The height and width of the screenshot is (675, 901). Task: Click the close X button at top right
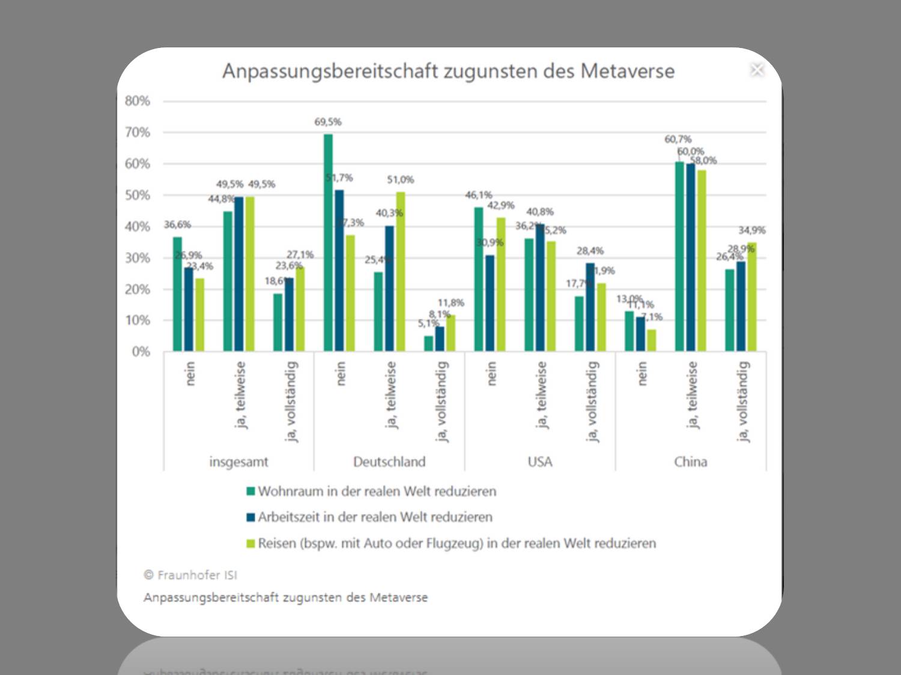757,70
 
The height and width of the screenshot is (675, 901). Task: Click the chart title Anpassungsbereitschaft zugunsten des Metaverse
448,71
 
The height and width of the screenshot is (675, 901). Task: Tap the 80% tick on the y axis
138,101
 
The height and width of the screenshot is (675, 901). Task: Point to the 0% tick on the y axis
141,352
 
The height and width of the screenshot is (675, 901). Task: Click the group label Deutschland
389,462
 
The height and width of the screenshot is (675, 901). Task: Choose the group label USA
539,462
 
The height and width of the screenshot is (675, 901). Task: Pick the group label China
690,462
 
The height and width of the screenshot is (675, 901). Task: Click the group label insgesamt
238,462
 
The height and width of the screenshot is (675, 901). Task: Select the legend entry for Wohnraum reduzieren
377,491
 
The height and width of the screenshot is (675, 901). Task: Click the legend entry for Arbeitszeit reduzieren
375,517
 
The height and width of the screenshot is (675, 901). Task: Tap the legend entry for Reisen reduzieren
457,544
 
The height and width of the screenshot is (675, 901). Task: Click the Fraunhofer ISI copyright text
190,575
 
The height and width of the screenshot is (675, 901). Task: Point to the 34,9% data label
751,230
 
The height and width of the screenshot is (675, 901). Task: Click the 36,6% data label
177,224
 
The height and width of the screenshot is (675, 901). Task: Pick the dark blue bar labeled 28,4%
590,307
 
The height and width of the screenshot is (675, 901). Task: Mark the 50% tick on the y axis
138,195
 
